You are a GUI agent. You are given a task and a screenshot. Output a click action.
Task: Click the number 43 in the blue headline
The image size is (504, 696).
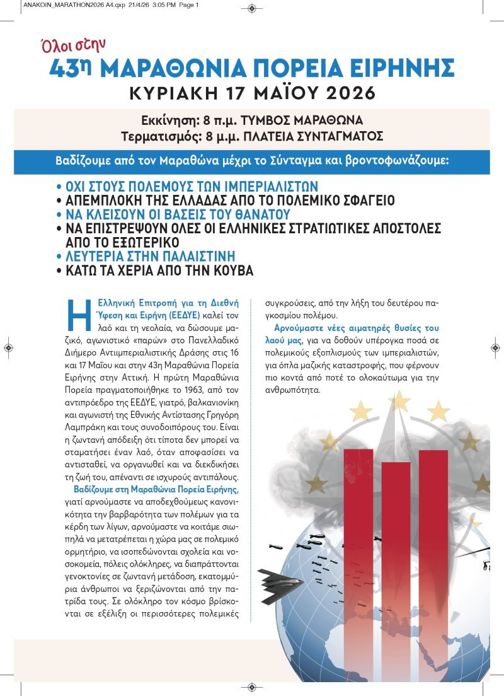tap(64, 69)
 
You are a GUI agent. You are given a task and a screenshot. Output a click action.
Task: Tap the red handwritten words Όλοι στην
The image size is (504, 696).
tap(69, 44)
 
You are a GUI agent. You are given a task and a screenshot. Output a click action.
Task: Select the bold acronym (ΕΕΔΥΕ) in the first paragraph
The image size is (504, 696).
tap(183, 313)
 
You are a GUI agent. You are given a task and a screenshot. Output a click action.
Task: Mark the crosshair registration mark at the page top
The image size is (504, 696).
tap(252, 8)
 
